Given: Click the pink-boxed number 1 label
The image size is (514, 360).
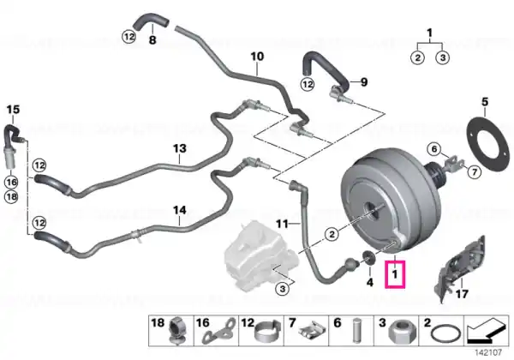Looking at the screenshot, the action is pyautogui.click(x=395, y=274).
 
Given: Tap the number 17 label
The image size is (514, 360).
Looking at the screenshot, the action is pyautogui.click(x=462, y=294).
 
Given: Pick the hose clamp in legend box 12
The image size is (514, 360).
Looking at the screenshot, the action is pyautogui.click(x=268, y=332).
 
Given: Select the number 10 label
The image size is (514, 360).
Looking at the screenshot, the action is pyautogui.click(x=257, y=57).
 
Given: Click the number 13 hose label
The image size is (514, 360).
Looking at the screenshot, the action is pyautogui.click(x=180, y=148).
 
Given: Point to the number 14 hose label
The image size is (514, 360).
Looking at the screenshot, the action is pyautogui.click(x=180, y=210).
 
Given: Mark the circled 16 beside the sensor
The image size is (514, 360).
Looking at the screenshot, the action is pyautogui.click(x=11, y=182).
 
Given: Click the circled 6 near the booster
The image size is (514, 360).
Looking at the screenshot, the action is pyautogui.click(x=434, y=149).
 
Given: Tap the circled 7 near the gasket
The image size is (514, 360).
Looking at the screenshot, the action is pyautogui.click(x=474, y=171).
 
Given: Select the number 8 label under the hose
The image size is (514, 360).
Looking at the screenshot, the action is pyautogui.click(x=152, y=40).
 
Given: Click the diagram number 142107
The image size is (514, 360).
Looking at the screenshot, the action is pyautogui.click(x=488, y=353).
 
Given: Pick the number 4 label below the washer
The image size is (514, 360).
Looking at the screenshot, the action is pyautogui.click(x=370, y=282).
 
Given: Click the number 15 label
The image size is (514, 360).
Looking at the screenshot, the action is pyautogui.click(x=13, y=109).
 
